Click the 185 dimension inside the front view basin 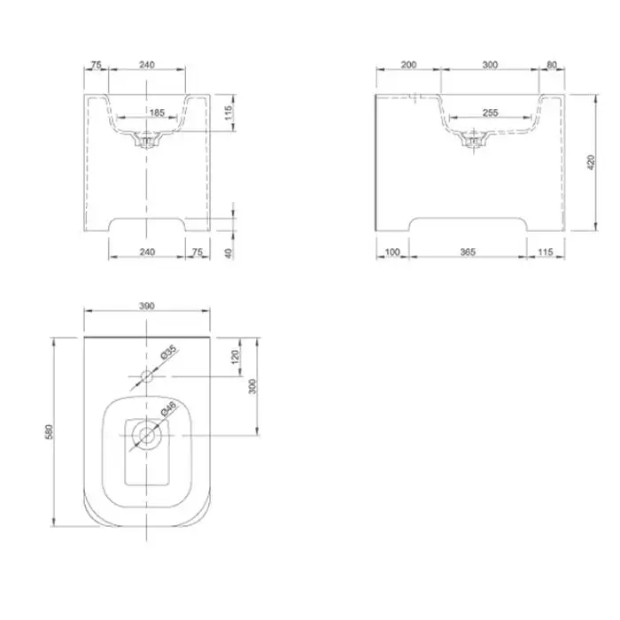(157, 112)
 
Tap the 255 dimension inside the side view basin (491, 112)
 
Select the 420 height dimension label (591, 162)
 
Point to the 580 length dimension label (49, 432)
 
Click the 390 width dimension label (147, 306)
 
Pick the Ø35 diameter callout (169, 353)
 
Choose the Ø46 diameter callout (169, 408)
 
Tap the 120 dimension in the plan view (236, 357)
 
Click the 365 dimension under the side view (468, 252)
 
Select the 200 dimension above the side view (408, 65)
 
